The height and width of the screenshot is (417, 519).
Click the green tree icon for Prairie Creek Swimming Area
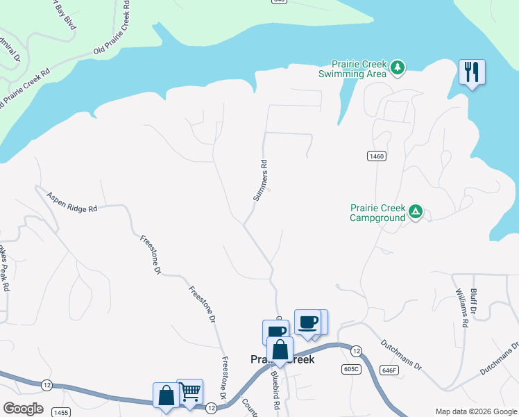pos(398,67)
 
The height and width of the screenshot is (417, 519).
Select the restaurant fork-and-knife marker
pos(472,72)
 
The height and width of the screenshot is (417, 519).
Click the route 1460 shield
pos(376,156)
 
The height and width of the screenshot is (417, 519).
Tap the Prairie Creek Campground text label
pos(377,212)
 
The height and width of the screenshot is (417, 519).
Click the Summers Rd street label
pos(260,179)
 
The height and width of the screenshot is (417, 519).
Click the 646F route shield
pos(389,370)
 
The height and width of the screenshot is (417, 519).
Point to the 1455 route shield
pos(60,412)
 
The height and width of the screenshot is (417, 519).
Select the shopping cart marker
pos(190,391)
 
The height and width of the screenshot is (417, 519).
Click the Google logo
pos(23,409)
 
